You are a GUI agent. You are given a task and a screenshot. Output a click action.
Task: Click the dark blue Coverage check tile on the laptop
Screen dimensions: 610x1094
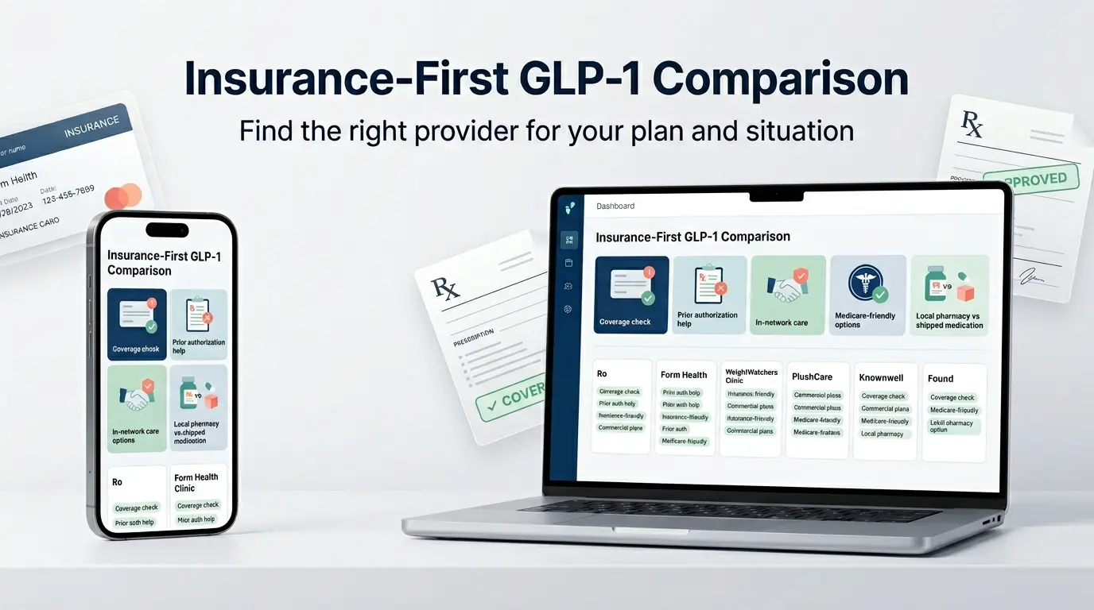point(631,294)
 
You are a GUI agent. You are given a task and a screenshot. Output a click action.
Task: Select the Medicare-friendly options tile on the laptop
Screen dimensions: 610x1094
point(867,294)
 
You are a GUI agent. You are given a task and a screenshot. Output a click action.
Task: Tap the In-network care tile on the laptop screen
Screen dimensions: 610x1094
point(788,294)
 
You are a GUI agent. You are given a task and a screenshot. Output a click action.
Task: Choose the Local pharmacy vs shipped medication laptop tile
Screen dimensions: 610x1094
point(949,294)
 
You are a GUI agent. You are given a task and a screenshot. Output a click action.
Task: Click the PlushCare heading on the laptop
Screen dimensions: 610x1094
point(812,376)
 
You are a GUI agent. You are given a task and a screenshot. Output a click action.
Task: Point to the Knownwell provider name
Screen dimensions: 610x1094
point(881,377)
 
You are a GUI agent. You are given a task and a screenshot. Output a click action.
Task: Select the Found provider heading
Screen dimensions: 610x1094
point(941,379)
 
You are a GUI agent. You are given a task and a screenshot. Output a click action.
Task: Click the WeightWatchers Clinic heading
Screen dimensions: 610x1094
point(751,376)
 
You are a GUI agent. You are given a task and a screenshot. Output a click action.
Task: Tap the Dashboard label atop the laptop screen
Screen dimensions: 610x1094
point(615,206)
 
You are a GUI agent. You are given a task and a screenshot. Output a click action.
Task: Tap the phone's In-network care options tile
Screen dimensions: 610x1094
point(137,408)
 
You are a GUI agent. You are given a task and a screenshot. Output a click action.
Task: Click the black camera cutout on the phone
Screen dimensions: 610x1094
point(167,230)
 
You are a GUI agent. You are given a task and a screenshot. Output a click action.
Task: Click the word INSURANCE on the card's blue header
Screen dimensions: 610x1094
point(91,126)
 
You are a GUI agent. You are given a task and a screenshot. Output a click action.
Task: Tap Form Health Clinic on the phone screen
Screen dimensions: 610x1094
point(196,482)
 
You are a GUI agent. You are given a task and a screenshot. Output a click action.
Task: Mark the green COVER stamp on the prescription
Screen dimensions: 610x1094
point(512,396)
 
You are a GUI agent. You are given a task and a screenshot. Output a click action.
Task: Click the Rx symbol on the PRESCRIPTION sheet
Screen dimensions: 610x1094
point(444,288)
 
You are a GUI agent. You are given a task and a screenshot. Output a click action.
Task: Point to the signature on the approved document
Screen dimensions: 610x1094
point(1032,279)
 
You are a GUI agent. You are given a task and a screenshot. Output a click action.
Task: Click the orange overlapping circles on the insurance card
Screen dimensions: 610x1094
point(122,196)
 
